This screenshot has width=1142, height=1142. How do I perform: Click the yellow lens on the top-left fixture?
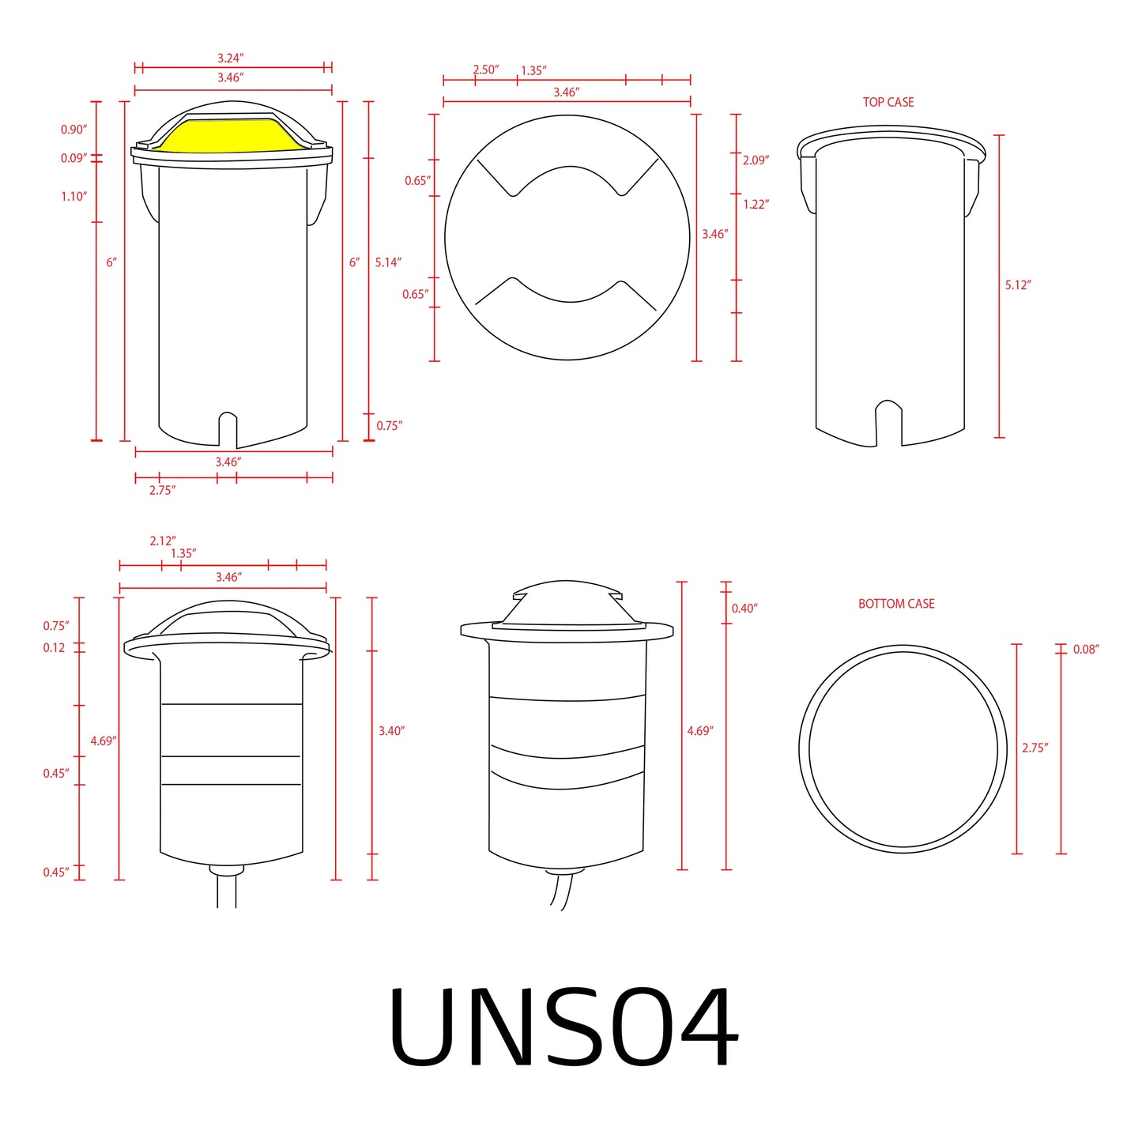(229, 136)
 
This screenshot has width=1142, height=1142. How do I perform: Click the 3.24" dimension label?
(230, 58)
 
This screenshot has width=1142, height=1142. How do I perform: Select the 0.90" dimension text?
(73, 130)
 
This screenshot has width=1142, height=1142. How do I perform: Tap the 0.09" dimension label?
(73, 158)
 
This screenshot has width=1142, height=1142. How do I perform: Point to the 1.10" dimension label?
(73, 196)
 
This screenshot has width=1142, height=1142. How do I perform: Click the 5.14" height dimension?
(388, 262)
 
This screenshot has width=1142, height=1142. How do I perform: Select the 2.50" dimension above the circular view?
(485, 70)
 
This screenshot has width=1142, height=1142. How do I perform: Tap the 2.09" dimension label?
(756, 160)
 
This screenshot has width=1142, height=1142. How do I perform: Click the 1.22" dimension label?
(756, 204)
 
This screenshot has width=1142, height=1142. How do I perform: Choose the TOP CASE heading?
(888, 102)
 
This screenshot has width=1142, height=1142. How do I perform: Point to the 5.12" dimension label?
(1018, 285)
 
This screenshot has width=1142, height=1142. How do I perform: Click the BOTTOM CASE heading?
(896, 604)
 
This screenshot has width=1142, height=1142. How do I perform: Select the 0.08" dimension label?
(1086, 649)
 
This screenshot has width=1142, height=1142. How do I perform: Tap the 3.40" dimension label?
(391, 731)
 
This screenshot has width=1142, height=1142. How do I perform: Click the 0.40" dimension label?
(744, 608)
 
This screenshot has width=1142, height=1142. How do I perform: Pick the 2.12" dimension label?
(162, 541)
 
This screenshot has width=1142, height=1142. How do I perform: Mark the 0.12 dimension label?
(54, 647)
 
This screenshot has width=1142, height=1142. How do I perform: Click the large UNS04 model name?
(563, 1027)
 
